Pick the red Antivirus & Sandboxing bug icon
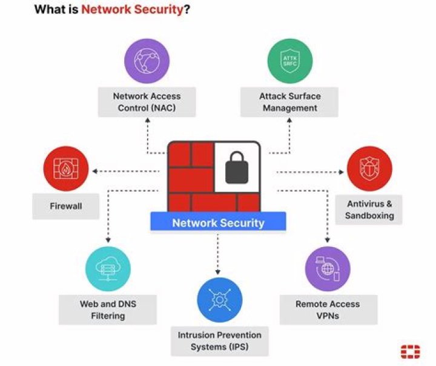[x=369, y=168]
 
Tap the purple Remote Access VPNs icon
[x=328, y=268]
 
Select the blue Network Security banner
[x=218, y=223]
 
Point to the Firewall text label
[x=66, y=206]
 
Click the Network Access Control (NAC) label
[x=147, y=102]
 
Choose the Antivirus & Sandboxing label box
[x=369, y=209]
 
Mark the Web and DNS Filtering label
[x=108, y=309]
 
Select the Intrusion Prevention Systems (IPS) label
[x=220, y=341]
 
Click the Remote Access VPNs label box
[x=328, y=309]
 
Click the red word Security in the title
[x=157, y=10]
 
